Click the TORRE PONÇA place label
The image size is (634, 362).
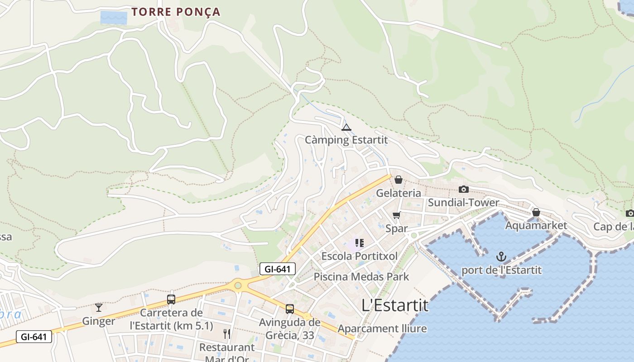[x=176, y=12]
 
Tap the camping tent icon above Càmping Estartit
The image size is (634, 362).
[x=346, y=127]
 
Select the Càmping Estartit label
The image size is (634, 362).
[x=346, y=140]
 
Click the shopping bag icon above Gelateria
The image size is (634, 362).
[x=399, y=180]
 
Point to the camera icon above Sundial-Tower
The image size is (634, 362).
[x=463, y=189]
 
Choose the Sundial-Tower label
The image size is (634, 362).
[x=463, y=202]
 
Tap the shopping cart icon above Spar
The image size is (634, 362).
[x=397, y=215]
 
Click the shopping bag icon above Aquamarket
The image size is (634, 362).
[x=536, y=212]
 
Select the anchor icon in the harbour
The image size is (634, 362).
[x=501, y=257]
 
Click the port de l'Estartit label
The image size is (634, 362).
[x=501, y=270]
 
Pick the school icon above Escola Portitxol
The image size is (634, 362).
[x=360, y=243]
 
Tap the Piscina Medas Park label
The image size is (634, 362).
[x=361, y=276]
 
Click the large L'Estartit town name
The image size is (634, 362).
[x=395, y=305]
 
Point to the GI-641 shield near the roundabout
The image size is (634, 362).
[x=278, y=269]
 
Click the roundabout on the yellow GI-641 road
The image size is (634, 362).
[x=238, y=286]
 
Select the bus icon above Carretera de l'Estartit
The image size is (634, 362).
[x=171, y=299]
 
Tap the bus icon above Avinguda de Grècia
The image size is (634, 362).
[x=290, y=309]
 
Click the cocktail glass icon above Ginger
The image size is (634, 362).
[x=99, y=308]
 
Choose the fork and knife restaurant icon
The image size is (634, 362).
[x=227, y=334]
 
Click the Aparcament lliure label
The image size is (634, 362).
[x=382, y=329]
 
